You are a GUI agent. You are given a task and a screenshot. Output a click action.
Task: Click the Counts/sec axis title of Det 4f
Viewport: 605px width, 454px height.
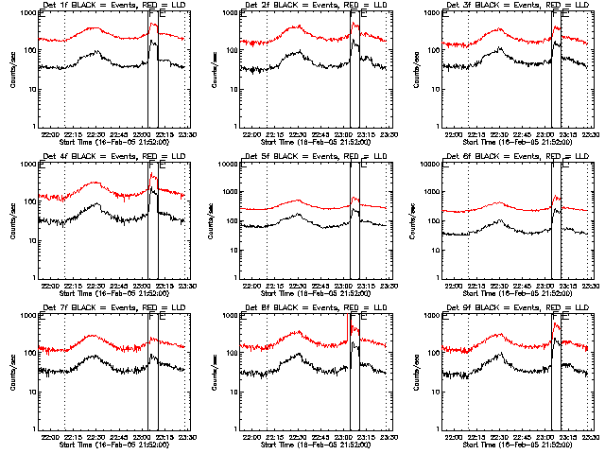coord(11,222)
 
